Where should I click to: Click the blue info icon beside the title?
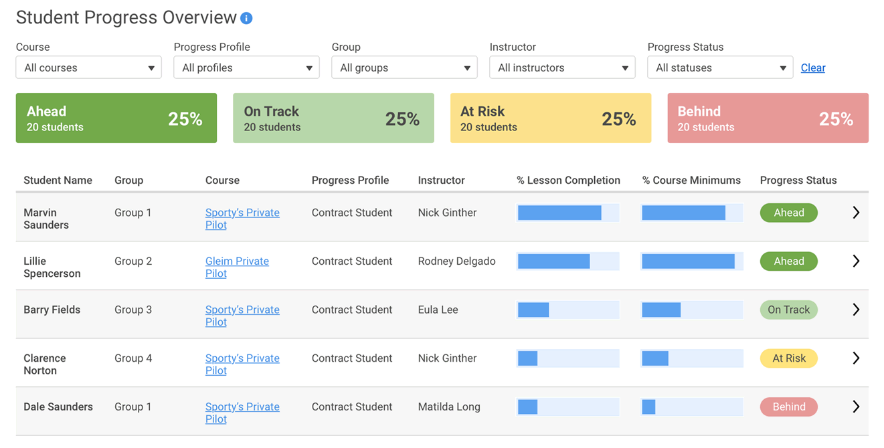[246, 19]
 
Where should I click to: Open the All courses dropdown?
[88, 68]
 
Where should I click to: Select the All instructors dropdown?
[562, 68]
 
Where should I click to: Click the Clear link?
[812, 68]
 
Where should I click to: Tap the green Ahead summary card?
[116, 118]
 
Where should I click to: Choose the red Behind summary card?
[768, 118]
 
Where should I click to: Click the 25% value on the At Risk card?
[618, 119]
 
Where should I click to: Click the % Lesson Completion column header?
[568, 180]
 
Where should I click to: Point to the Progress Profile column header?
[350, 180]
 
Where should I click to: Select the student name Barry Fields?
[52, 310]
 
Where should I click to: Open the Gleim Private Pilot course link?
[237, 267]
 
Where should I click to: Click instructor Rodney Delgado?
[456, 261]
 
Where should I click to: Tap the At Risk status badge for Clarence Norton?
[789, 358]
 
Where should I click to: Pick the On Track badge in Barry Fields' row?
[788, 310]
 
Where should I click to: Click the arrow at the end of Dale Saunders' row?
[855, 407]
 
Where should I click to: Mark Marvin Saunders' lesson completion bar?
[568, 213]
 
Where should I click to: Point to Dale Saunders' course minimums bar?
[692, 407]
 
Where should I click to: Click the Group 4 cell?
[133, 358]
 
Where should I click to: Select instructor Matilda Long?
[449, 407]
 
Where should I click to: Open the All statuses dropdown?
[720, 68]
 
